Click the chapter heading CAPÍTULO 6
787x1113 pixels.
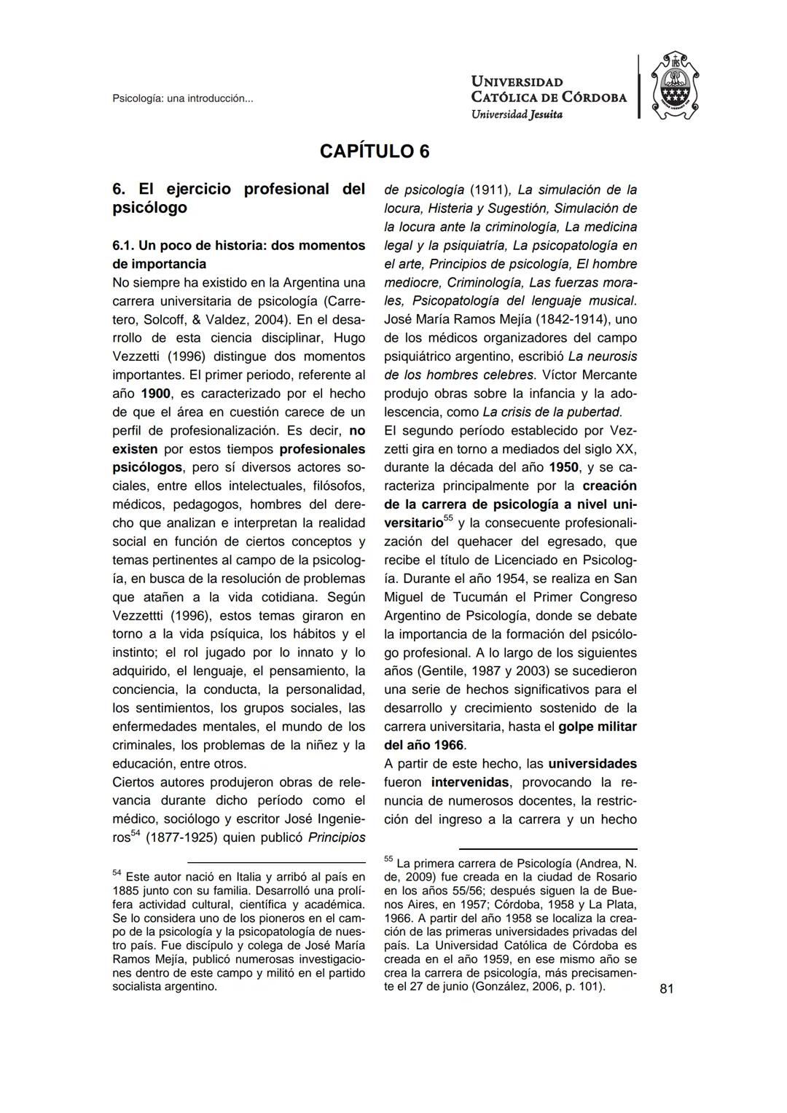pyautogui.click(x=375, y=152)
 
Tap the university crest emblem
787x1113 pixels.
pyautogui.click(x=674, y=86)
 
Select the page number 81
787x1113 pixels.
pyautogui.click(x=666, y=988)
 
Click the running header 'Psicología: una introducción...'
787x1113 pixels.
pyautogui.click(x=182, y=98)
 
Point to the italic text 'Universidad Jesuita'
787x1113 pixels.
pyautogui.click(x=517, y=114)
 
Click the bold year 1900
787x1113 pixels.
pyautogui.click(x=155, y=394)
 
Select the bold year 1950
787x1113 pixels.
pyautogui.click(x=564, y=467)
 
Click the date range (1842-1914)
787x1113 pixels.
pyautogui.click(x=571, y=319)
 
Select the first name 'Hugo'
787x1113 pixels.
pyautogui.click(x=349, y=338)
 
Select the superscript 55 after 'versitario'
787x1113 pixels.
pyautogui.click(x=448, y=518)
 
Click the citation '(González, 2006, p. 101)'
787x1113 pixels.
pyautogui.click(x=538, y=987)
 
